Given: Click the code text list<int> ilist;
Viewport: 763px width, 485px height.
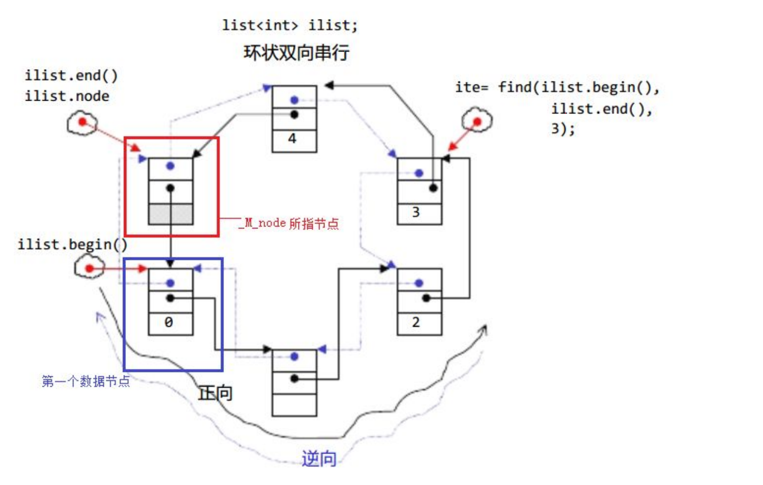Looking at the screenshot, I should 290,25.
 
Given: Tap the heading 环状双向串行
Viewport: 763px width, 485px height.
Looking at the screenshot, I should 296,52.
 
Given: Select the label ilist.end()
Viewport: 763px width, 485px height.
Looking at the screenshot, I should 71,75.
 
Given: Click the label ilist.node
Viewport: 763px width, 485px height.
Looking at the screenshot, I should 67,96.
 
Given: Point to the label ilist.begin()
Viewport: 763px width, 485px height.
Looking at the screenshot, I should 72,245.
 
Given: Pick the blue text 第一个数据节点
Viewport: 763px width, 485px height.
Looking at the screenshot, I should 86,381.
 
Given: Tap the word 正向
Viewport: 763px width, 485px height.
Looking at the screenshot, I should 215,393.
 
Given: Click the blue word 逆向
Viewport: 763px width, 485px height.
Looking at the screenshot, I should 319,459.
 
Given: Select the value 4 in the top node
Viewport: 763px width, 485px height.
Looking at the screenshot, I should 293,139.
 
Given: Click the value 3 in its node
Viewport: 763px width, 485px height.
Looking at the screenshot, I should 416,212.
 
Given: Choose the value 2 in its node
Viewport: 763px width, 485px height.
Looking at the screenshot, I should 416,322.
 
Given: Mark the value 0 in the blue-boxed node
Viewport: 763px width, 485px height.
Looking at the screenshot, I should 169,323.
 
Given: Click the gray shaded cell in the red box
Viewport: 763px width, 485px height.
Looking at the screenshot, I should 171,214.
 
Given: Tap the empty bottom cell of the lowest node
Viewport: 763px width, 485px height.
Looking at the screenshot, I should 294,405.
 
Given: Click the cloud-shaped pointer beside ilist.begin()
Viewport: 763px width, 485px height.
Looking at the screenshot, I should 89,267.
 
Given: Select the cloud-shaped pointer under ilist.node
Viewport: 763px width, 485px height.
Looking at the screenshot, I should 82,123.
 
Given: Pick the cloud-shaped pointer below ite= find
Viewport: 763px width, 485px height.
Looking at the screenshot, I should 477,120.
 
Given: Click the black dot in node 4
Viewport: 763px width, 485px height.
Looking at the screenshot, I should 294,114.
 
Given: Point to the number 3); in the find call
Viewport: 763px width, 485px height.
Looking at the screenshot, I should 563,129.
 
